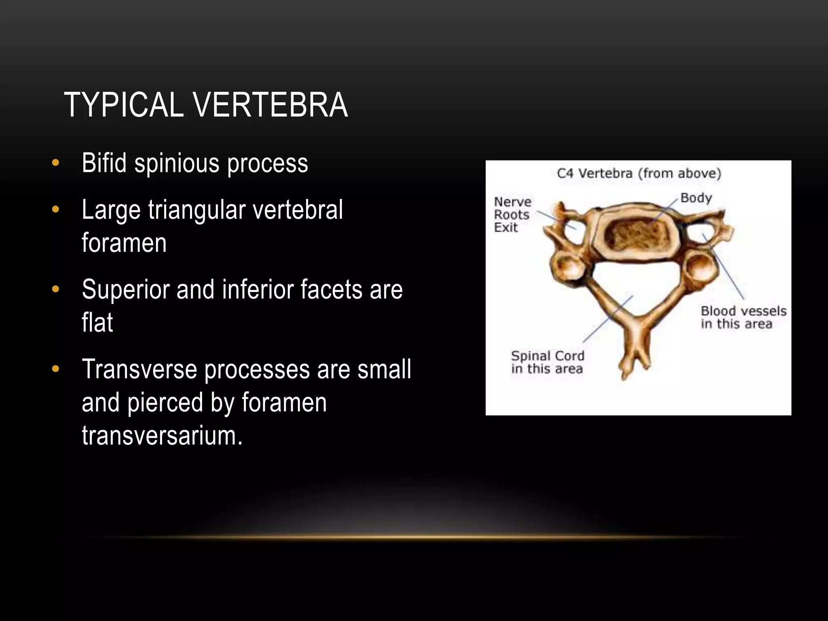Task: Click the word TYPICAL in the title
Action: [124, 105]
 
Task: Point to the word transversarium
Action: [162, 436]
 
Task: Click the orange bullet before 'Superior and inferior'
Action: [56, 289]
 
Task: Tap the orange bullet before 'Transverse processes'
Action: [56, 369]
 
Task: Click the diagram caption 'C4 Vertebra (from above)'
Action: [639, 173]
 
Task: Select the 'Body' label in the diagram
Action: [696, 198]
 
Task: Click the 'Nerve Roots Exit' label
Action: [512, 214]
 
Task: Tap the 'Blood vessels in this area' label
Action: [743, 317]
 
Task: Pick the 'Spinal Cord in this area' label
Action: [547, 362]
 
